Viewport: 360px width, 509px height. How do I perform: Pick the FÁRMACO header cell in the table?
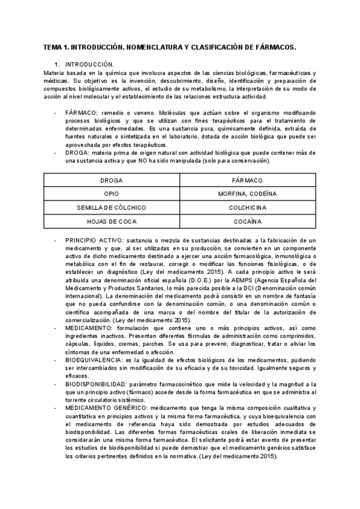point(247,181)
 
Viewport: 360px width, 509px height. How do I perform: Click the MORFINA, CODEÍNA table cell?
point(247,194)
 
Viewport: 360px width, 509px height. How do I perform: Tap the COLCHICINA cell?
point(247,208)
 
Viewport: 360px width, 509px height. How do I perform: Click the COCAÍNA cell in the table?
point(247,221)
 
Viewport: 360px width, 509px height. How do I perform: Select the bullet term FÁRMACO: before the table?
point(82,112)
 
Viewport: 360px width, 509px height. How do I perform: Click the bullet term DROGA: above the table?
point(78,152)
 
